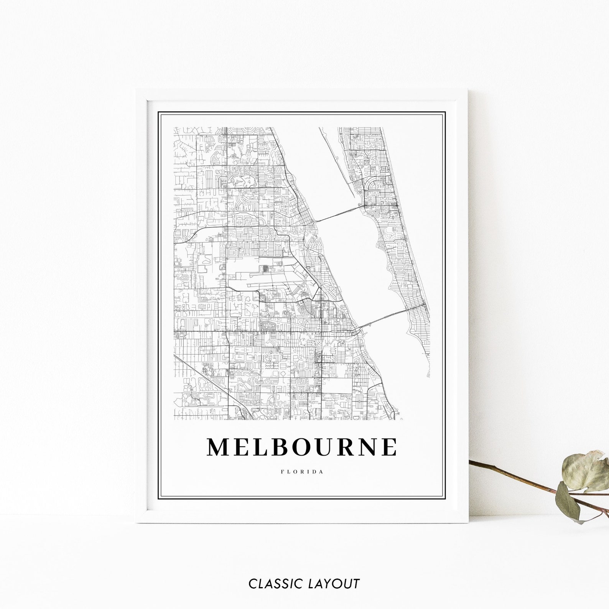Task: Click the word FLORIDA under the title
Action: tap(302, 472)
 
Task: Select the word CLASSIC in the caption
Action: tap(276, 584)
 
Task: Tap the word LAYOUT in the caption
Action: tap(334, 584)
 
